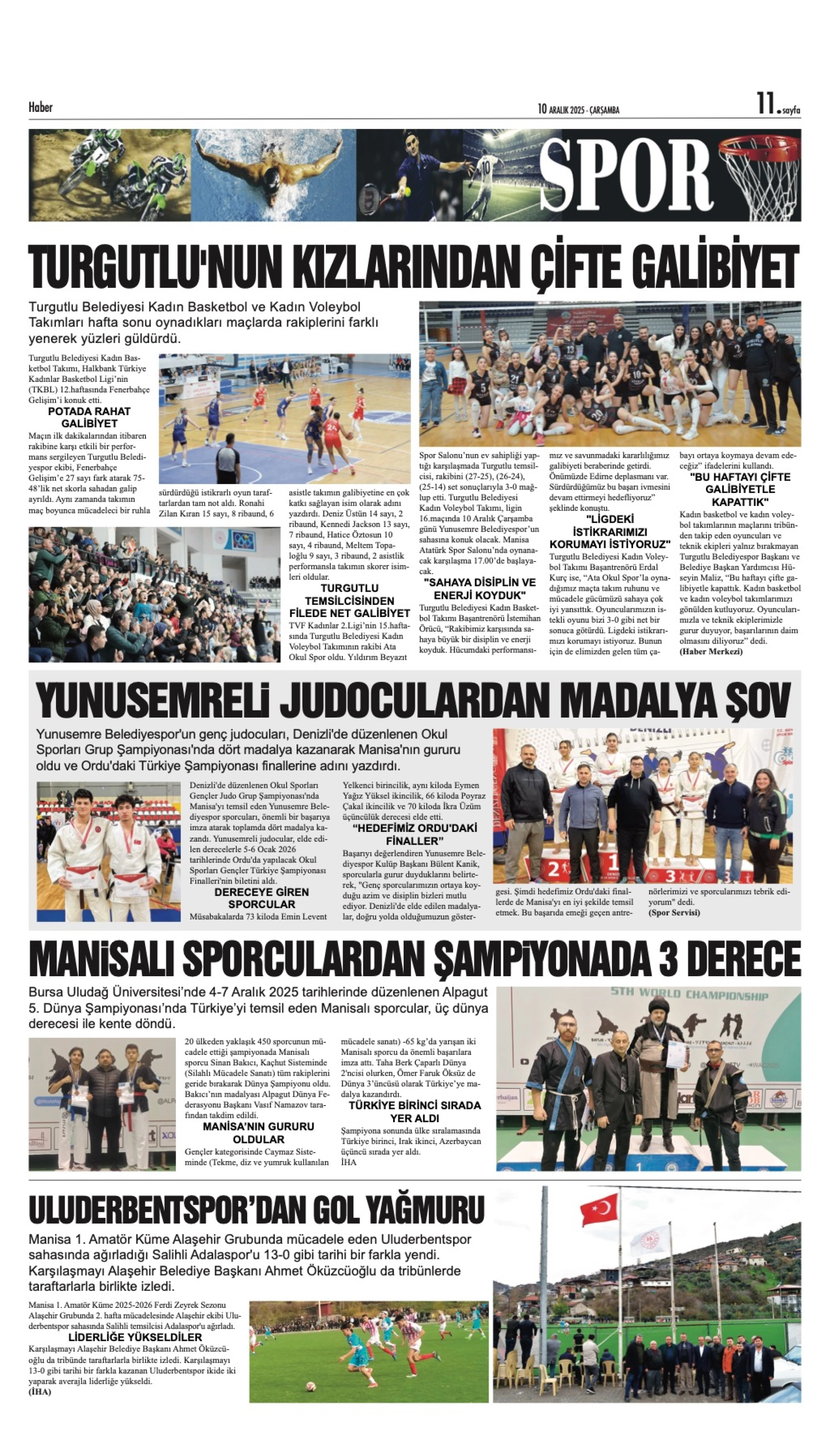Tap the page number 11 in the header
[x=765, y=105]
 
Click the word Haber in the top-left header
[x=41, y=107]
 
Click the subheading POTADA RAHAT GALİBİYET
[x=89, y=417]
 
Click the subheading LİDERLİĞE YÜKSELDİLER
[x=135, y=1337]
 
